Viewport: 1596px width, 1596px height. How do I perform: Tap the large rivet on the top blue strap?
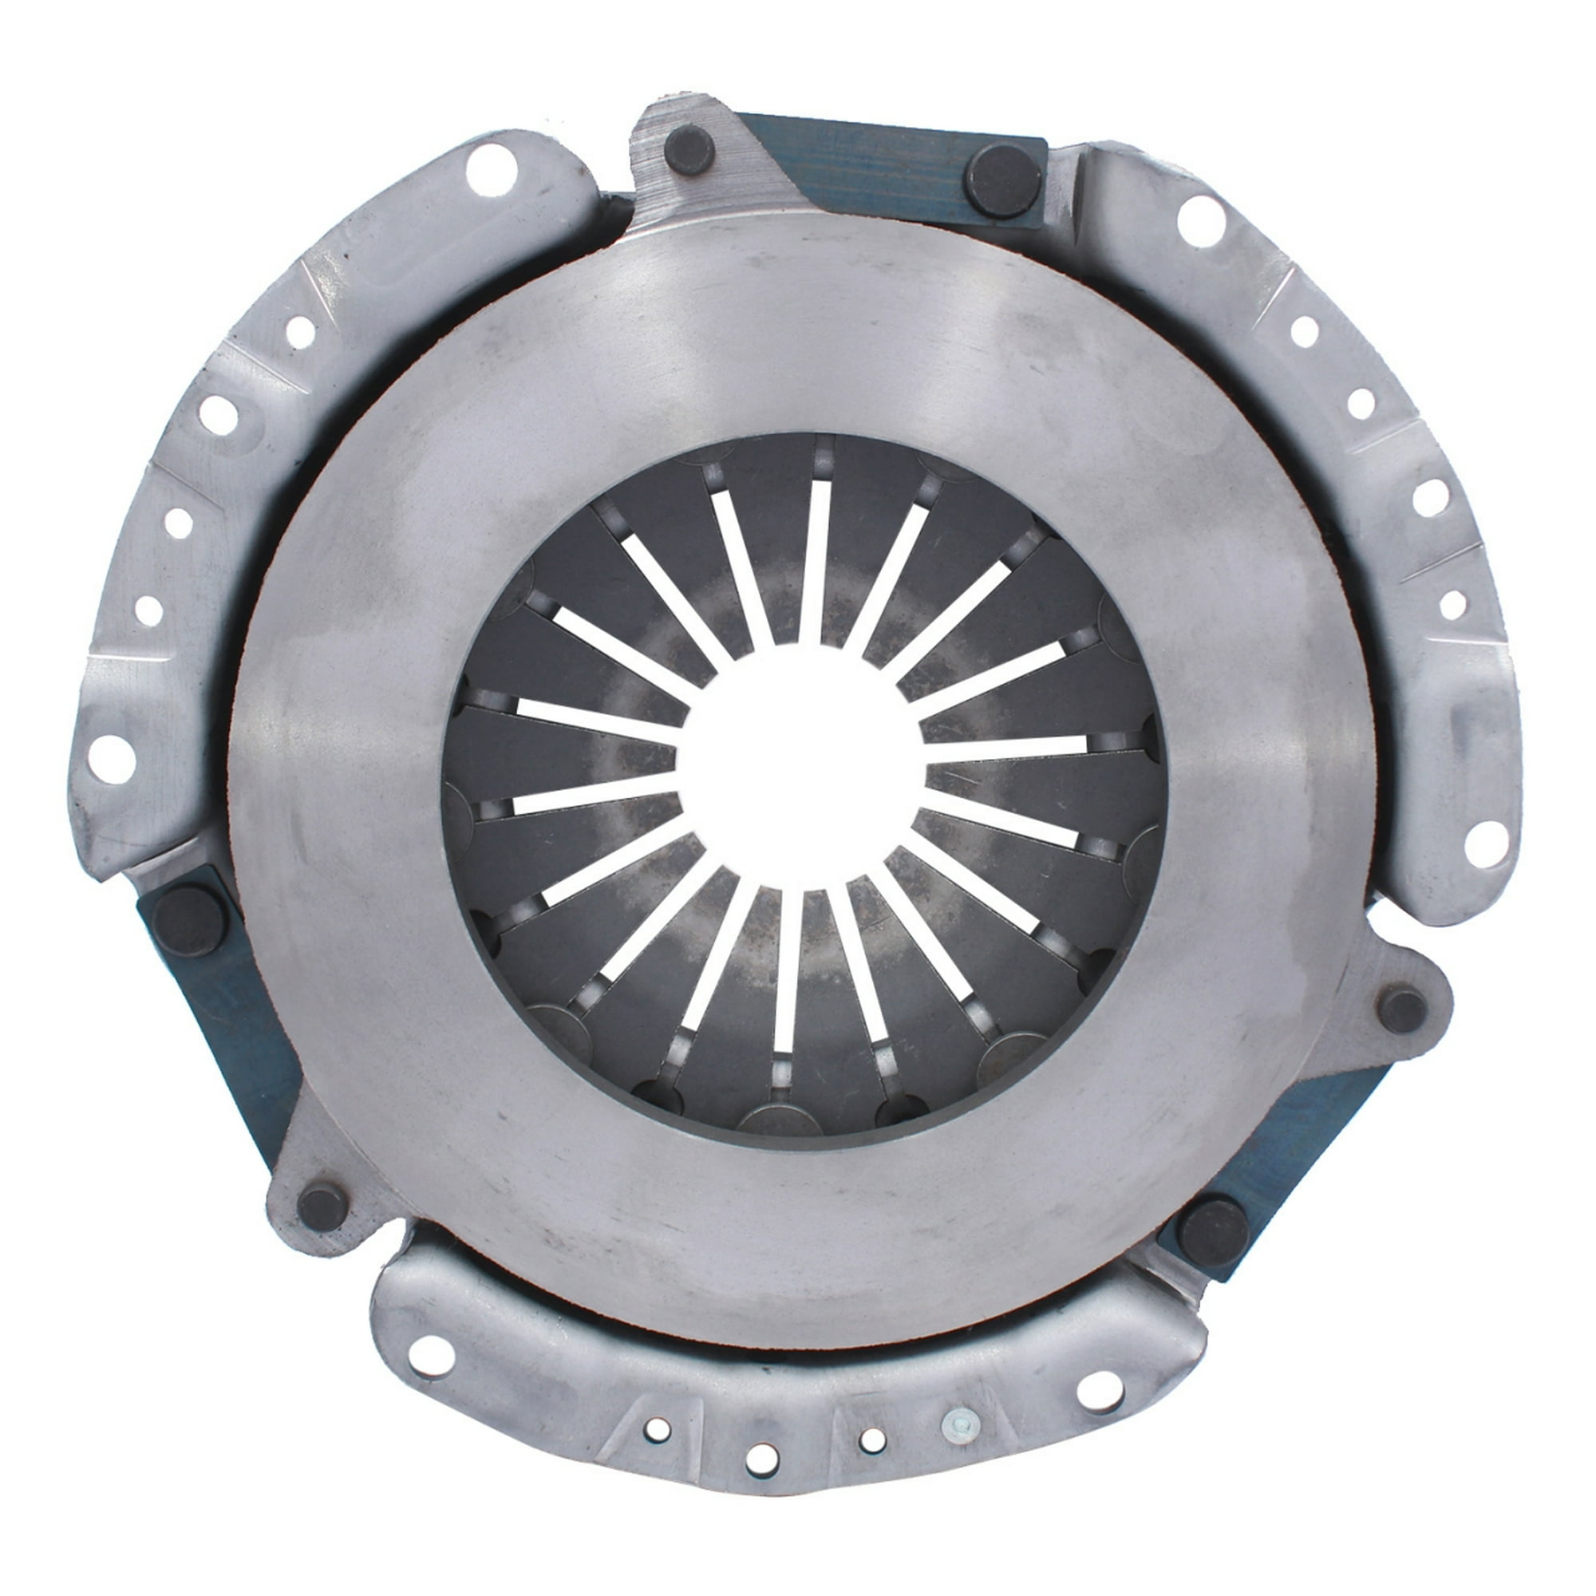1002,181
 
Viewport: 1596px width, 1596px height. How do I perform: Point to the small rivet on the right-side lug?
1403,1010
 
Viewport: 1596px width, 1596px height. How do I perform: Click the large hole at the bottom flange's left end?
430,1357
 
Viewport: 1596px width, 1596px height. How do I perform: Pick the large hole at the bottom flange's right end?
1100,1390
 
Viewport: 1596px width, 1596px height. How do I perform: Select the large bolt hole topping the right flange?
1201,220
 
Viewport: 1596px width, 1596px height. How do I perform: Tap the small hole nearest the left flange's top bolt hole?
301,332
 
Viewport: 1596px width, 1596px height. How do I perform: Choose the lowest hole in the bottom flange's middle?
760,1482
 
